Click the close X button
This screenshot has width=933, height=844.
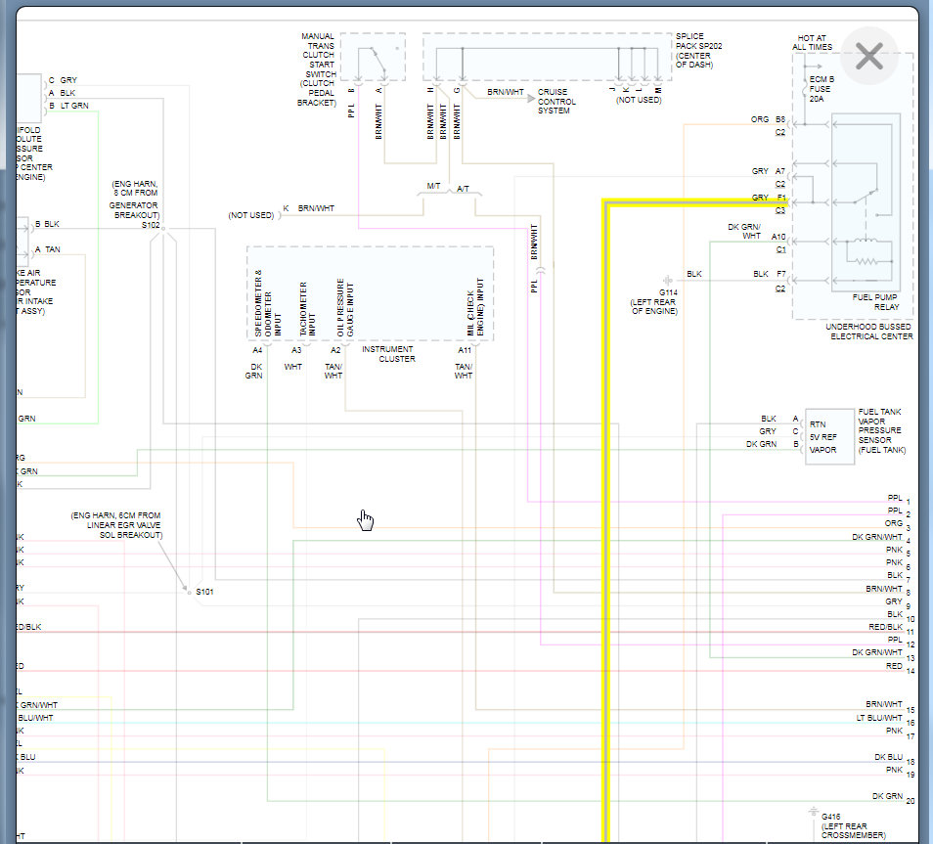click(x=868, y=57)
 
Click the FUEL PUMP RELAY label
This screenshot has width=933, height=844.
click(x=876, y=302)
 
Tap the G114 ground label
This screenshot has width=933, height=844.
click(x=668, y=292)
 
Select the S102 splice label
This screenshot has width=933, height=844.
click(x=150, y=225)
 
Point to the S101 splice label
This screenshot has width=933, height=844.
click(x=204, y=593)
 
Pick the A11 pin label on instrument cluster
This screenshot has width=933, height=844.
click(x=465, y=350)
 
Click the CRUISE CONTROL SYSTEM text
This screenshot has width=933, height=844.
click(x=555, y=102)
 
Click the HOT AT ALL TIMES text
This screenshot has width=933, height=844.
click(x=812, y=42)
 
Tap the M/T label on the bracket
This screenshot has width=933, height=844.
click(x=433, y=186)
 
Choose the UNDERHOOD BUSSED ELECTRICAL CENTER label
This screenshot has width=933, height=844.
click(x=869, y=332)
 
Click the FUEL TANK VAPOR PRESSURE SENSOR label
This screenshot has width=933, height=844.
click(x=881, y=430)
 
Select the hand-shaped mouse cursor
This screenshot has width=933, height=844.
click(x=366, y=519)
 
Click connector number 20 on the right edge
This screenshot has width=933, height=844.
click(x=911, y=802)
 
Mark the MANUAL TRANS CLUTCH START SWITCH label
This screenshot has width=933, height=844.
click(x=319, y=68)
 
